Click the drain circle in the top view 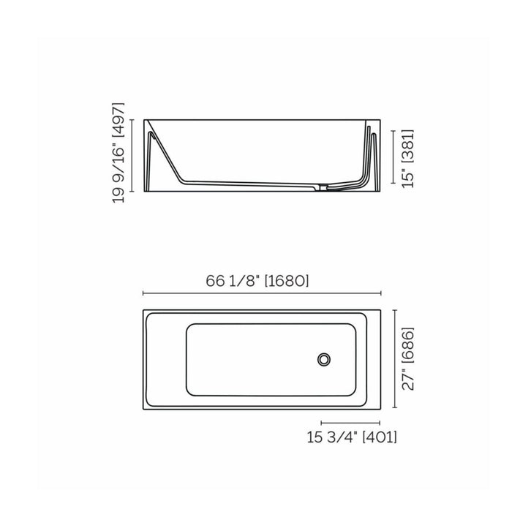tap(323, 360)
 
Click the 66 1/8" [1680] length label tap(257, 281)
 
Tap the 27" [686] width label tap(408, 359)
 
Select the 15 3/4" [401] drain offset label tap(352, 437)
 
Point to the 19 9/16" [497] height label tap(118, 153)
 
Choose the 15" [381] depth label tap(408, 159)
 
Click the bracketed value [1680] tap(287, 281)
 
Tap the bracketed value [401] tap(380, 437)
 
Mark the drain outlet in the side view tap(323, 187)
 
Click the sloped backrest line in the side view tap(165, 151)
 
